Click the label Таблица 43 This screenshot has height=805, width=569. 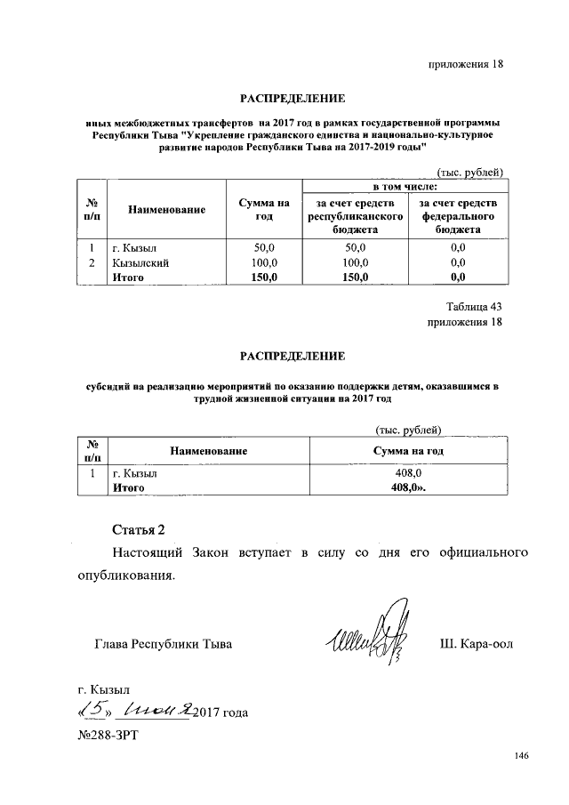(475, 306)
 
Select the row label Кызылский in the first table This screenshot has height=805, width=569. (140, 263)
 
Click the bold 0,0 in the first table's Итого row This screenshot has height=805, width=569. (458, 278)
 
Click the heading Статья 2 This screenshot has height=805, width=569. (140, 531)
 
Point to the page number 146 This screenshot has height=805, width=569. (521, 756)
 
